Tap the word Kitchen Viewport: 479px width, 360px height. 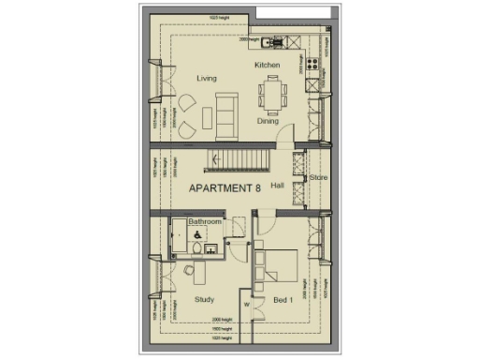click(268, 65)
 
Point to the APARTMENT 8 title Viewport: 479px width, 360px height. click(225, 188)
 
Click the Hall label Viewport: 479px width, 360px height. click(277, 186)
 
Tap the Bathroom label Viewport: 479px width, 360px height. click(205, 222)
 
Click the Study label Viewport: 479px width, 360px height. click(205, 299)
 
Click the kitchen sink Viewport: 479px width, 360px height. click(276, 41)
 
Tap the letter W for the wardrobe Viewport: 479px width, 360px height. click(245, 304)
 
